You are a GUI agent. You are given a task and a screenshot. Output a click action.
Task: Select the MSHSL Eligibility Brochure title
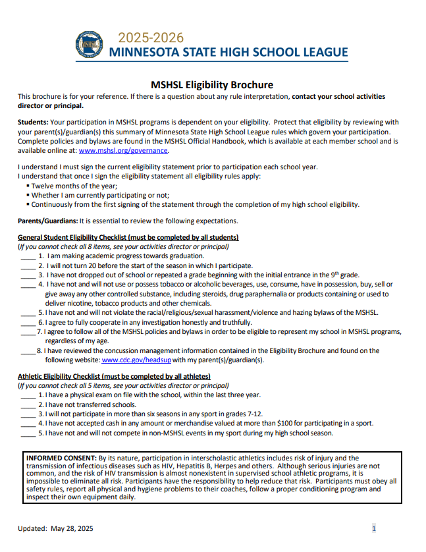pos(212,85)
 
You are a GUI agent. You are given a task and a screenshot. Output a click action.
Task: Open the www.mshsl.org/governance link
pos(123,150)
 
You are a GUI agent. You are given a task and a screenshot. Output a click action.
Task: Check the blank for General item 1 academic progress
pos(28,256)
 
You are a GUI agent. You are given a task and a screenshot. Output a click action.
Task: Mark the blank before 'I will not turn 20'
pos(28,265)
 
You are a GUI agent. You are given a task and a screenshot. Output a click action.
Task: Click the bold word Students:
pos(33,123)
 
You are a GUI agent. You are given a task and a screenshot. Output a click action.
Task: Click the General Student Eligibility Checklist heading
pos(128,237)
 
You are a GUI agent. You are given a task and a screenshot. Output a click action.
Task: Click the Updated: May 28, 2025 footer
pos(56,528)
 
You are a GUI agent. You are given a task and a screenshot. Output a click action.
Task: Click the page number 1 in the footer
pos(374,528)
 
